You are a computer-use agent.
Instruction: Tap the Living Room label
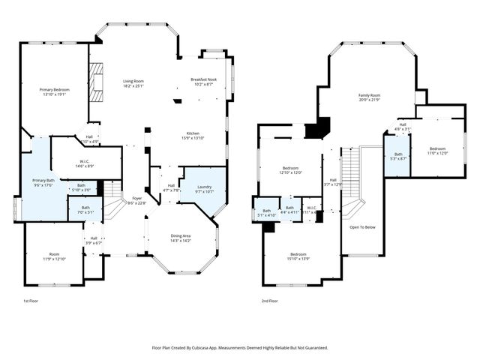pyautogui.click(x=133, y=83)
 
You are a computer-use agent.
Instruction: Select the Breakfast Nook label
pyautogui.click(x=203, y=82)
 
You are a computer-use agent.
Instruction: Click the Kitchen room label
pyautogui.click(x=193, y=135)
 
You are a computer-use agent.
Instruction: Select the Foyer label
pyautogui.click(x=132, y=200)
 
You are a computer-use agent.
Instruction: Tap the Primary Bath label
pyautogui.click(x=43, y=182)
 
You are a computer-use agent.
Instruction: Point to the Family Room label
pyautogui.click(x=369, y=97)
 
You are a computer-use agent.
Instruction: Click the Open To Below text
pyautogui.click(x=362, y=226)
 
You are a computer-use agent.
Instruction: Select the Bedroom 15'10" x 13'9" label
pyautogui.click(x=298, y=256)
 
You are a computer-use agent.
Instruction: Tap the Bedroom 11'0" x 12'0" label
pyautogui.click(x=437, y=151)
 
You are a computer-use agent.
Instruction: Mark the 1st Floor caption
pyautogui.click(x=31, y=301)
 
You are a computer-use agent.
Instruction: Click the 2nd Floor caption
pyautogui.click(x=269, y=301)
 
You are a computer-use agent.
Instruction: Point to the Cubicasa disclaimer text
pyautogui.click(x=239, y=347)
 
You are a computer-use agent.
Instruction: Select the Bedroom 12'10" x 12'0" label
pyautogui.click(x=291, y=170)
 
